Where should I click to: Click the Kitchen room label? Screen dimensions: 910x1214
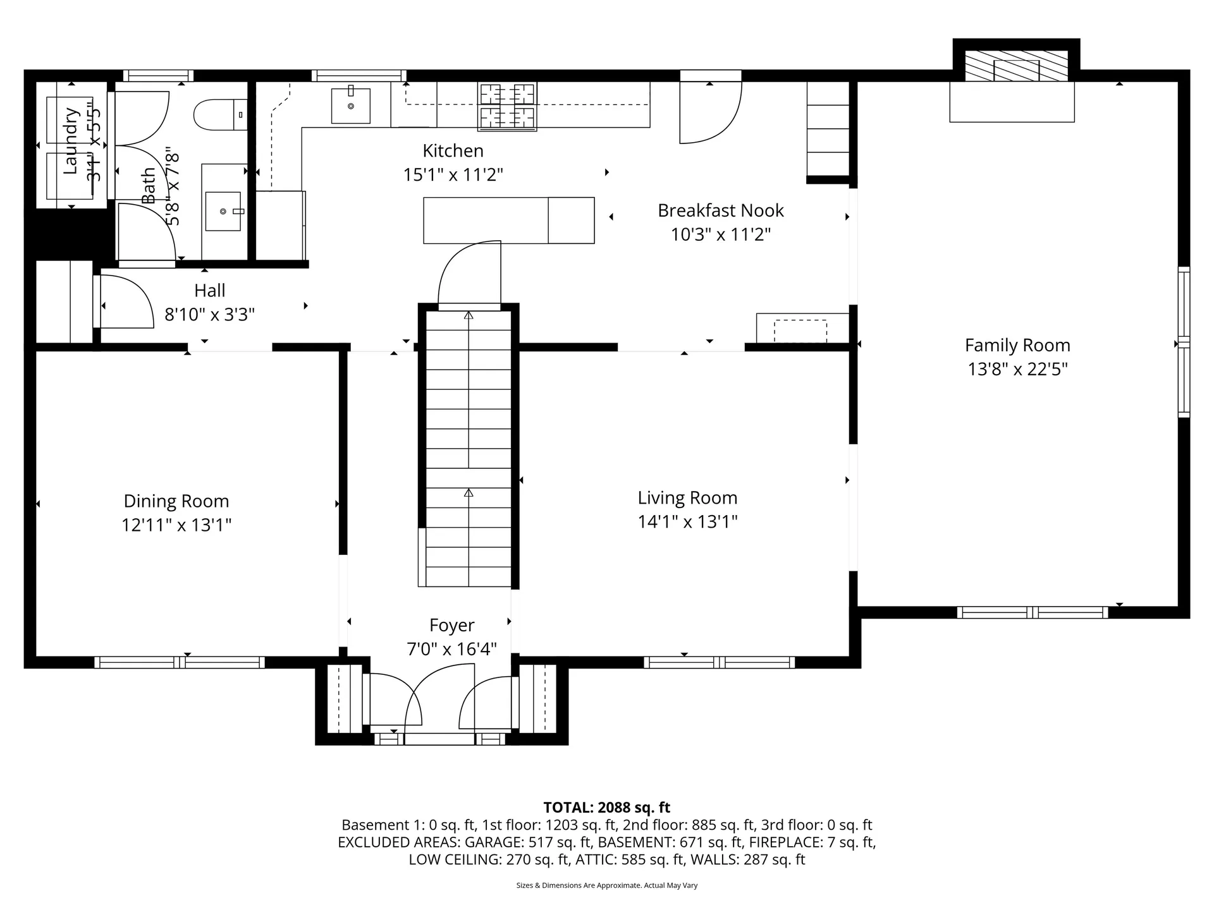(x=453, y=151)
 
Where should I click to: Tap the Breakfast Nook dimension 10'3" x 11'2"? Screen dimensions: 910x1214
(x=720, y=234)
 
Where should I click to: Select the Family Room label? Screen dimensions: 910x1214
(x=1017, y=345)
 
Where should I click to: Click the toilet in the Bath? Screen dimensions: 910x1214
(x=218, y=115)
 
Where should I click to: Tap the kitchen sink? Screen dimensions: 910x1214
(x=351, y=106)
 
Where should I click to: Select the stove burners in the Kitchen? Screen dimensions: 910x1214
(x=507, y=106)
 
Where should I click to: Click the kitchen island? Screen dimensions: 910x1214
(x=508, y=220)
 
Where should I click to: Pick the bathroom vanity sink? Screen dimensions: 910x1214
(x=223, y=211)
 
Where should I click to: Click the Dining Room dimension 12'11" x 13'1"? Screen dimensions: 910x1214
(x=176, y=525)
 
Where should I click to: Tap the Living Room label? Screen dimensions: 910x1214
(x=687, y=498)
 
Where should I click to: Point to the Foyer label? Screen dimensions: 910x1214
(x=451, y=625)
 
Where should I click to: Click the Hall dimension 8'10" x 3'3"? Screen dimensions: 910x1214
(x=209, y=314)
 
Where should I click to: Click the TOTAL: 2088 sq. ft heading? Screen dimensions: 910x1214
(x=606, y=807)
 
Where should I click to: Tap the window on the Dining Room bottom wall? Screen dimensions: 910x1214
(x=180, y=662)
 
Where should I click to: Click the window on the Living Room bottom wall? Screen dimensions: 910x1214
(x=719, y=662)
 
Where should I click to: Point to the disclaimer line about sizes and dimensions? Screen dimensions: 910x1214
(x=606, y=885)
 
